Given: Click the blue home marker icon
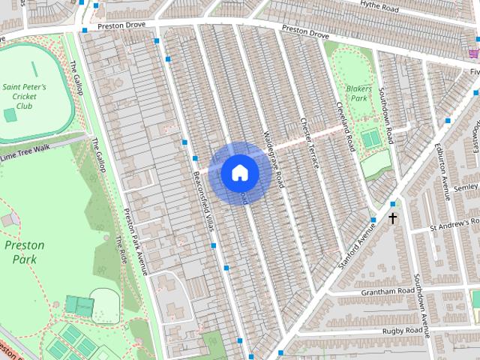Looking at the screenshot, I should click(x=239, y=172).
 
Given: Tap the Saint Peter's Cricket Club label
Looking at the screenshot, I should click(x=24, y=97).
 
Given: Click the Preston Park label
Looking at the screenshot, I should click(x=24, y=252).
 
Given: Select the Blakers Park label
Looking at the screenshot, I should click(x=358, y=93).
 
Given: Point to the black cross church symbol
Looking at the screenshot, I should click(x=392, y=218).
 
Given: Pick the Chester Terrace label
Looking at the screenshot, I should click(x=310, y=142).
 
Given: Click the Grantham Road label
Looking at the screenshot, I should click(x=388, y=290).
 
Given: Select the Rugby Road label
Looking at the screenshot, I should click(x=403, y=330).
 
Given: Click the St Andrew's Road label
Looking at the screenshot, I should click(x=454, y=224).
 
